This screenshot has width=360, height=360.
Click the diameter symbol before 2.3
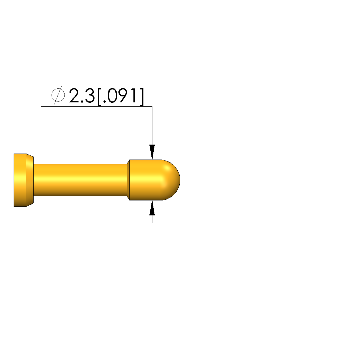58,95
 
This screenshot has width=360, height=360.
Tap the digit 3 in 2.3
90,95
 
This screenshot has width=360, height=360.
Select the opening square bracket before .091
99,97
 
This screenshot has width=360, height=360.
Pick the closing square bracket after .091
142,97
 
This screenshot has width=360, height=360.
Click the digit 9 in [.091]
127,95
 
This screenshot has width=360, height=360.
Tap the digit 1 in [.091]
136,95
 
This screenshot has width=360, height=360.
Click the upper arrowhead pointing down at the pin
152,152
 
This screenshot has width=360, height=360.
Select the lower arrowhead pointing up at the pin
152,208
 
